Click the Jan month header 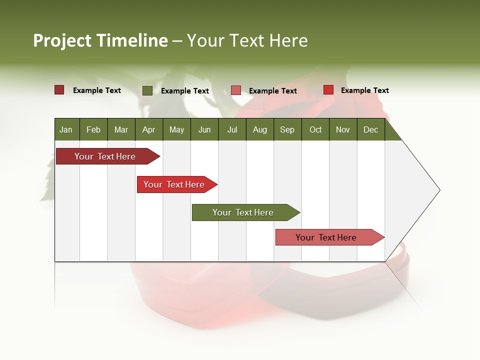coord(66,129)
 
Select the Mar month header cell coord(121,129)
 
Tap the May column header coord(176,129)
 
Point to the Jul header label coord(232,129)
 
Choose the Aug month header coord(259,129)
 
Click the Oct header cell coord(315,129)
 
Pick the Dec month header coord(370,129)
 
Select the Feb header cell coord(93,129)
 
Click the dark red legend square coord(59,90)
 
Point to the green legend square coord(147,90)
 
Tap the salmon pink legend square coord(236,90)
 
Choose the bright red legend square coord(328,90)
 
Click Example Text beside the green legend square coord(184,91)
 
